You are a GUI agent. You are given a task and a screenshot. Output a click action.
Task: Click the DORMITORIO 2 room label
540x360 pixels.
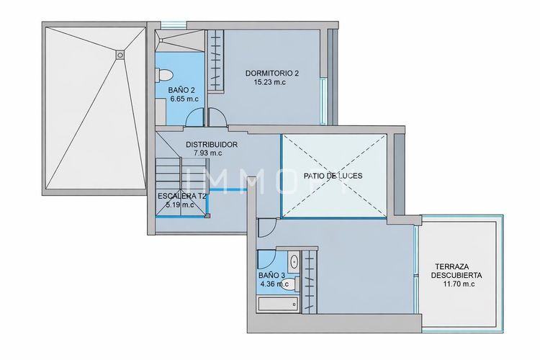271,73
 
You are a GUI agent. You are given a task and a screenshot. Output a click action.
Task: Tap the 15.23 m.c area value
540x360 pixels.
271,82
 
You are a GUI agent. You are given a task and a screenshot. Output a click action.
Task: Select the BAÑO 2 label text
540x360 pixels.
181,90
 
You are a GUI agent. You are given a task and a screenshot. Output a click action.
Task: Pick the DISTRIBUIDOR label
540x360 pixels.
212,144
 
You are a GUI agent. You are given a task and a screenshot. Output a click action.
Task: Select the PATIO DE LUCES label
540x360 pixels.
333,176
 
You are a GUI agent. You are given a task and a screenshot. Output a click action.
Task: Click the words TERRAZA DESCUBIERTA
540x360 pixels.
457,270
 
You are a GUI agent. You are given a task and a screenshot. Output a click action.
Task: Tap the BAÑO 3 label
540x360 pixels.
272,275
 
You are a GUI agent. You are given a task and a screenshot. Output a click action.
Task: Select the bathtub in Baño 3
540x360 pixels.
278,305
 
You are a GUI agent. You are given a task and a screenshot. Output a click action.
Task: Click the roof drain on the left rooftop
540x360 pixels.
120,52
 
